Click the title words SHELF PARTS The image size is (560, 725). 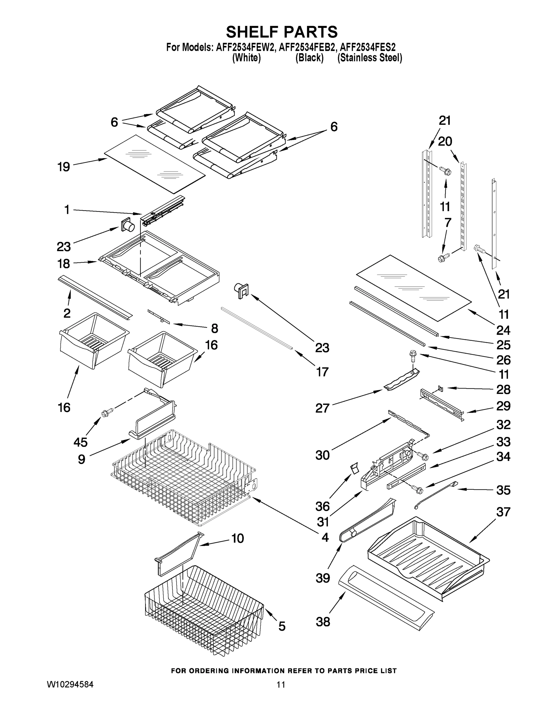[282, 32]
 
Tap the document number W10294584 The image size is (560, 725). [70, 684]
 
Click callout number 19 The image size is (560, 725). [64, 167]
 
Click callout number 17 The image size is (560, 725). [322, 372]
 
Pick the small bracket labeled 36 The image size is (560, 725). [354, 469]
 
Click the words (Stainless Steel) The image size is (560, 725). [370, 58]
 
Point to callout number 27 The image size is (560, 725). [322, 408]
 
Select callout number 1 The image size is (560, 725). [67, 210]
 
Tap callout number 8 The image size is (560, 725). [215, 329]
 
